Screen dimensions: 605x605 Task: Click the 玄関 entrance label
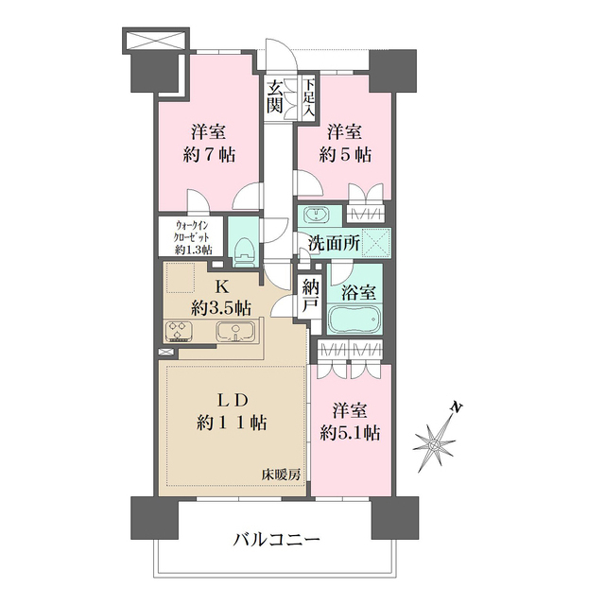[275, 97]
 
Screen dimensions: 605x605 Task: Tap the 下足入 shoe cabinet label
[309, 95]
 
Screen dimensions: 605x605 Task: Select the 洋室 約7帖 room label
[204, 143]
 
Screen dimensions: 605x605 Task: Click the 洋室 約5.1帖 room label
[351, 422]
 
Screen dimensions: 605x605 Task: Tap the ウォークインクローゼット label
[195, 237]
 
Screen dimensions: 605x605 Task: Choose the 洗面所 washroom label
[334, 242]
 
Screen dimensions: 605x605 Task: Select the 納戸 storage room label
[310, 296]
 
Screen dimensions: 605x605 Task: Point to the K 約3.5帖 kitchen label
[219, 297]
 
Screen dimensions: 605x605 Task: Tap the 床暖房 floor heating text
[282, 474]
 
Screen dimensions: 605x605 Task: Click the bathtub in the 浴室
[354, 320]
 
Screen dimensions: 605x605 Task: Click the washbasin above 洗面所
[318, 213]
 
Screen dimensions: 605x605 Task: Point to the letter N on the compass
[457, 407]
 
